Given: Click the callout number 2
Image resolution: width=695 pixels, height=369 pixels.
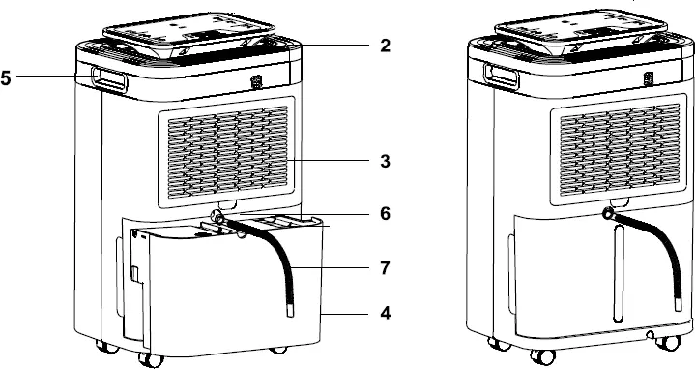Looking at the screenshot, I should [x=385, y=46].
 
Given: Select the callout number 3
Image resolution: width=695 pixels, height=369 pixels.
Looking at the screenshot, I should [x=385, y=161].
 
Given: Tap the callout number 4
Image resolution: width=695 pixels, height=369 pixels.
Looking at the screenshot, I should [x=385, y=314].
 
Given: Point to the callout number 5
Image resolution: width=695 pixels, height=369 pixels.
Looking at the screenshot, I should [x=7, y=78].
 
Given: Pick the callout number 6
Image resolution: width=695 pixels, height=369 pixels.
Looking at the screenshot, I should [x=385, y=214].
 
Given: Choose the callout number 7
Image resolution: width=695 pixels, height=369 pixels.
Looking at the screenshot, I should [x=385, y=264].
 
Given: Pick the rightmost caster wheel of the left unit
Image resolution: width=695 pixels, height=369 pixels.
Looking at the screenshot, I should [x=278, y=348].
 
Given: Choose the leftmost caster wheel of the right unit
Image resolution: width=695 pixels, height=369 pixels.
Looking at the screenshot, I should [x=496, y=343].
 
